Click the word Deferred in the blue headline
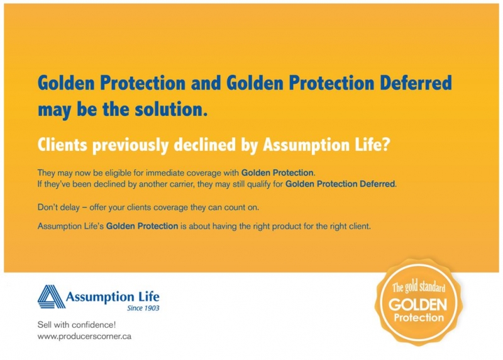(416, 82)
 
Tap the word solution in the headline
(169, 109)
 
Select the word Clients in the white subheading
(62, 145)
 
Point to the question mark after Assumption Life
(385, 145)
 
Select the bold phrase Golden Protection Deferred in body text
(340, 184)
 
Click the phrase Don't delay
(58, 208)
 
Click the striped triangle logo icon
(52, 296)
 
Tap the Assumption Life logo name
(113, 296)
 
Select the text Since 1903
(143, 308)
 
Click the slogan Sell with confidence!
(76, 325)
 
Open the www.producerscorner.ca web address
(84, 337)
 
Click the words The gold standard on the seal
(418, 286)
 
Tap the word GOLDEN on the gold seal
(417, 304)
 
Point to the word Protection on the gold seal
(419, 318)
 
